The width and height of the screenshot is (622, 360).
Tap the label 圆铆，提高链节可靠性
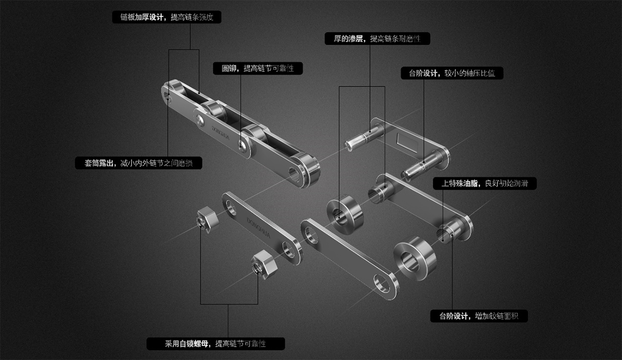click(258, 68)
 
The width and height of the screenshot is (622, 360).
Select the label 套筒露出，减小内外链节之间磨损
click(139, 163)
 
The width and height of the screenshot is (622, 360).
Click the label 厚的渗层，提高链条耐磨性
click(377, 39)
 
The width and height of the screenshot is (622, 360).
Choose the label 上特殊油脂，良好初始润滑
click(484, 183)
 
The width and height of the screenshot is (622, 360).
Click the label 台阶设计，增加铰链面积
click(479, 316)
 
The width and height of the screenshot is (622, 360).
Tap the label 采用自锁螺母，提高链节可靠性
click(215, 343)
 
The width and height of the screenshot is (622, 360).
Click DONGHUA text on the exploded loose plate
click(258, 227)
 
